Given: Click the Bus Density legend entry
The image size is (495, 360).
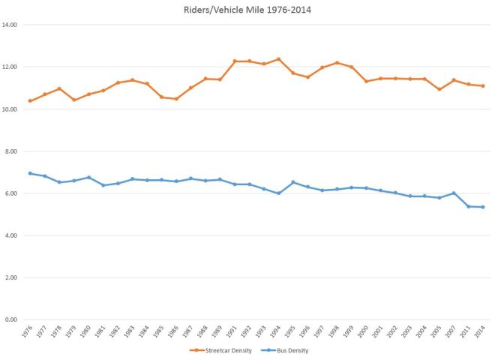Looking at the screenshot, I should click(286, 350).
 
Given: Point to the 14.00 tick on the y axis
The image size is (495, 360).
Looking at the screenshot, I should click(12, 25).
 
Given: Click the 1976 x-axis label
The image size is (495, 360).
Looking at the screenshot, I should click(28, 332).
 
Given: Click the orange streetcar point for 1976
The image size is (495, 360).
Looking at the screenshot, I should click(30, 100).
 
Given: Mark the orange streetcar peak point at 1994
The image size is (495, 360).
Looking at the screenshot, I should click(278, 59).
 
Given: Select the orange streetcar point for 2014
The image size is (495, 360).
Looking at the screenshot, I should click(482, 85).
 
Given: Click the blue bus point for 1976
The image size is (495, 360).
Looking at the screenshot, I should click(30, 173).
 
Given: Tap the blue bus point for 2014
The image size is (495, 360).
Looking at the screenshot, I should click(482, 207).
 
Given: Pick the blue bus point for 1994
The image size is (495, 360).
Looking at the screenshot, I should click(278, 193).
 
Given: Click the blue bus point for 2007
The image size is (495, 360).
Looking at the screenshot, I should click(453, 193).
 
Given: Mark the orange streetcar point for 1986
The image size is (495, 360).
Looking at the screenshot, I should click(176, 99).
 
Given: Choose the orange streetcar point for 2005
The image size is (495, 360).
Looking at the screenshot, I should click(439, 89).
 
